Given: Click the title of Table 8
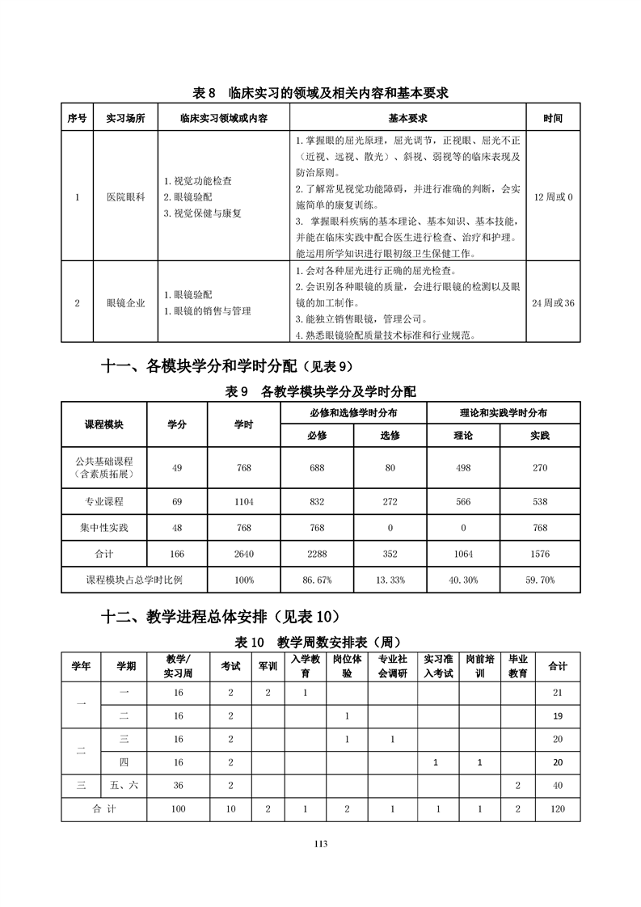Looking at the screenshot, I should (321, 93).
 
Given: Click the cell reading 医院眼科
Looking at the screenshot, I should (125, 197).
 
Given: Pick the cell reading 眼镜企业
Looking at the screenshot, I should (125, 303).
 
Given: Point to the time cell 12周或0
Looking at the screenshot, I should (553, 197).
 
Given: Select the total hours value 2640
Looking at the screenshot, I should (244, 554).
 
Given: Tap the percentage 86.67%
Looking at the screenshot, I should (317, 580).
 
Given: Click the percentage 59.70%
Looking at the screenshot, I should (539, 580).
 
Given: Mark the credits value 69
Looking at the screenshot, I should (177, 501).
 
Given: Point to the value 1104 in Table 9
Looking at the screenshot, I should (244, 501).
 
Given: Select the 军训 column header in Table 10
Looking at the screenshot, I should (268, 666).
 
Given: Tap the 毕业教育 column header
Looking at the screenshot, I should (517, 666).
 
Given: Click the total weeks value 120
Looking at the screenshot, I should (557, 808).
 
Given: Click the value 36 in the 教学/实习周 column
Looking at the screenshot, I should (178, 785).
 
